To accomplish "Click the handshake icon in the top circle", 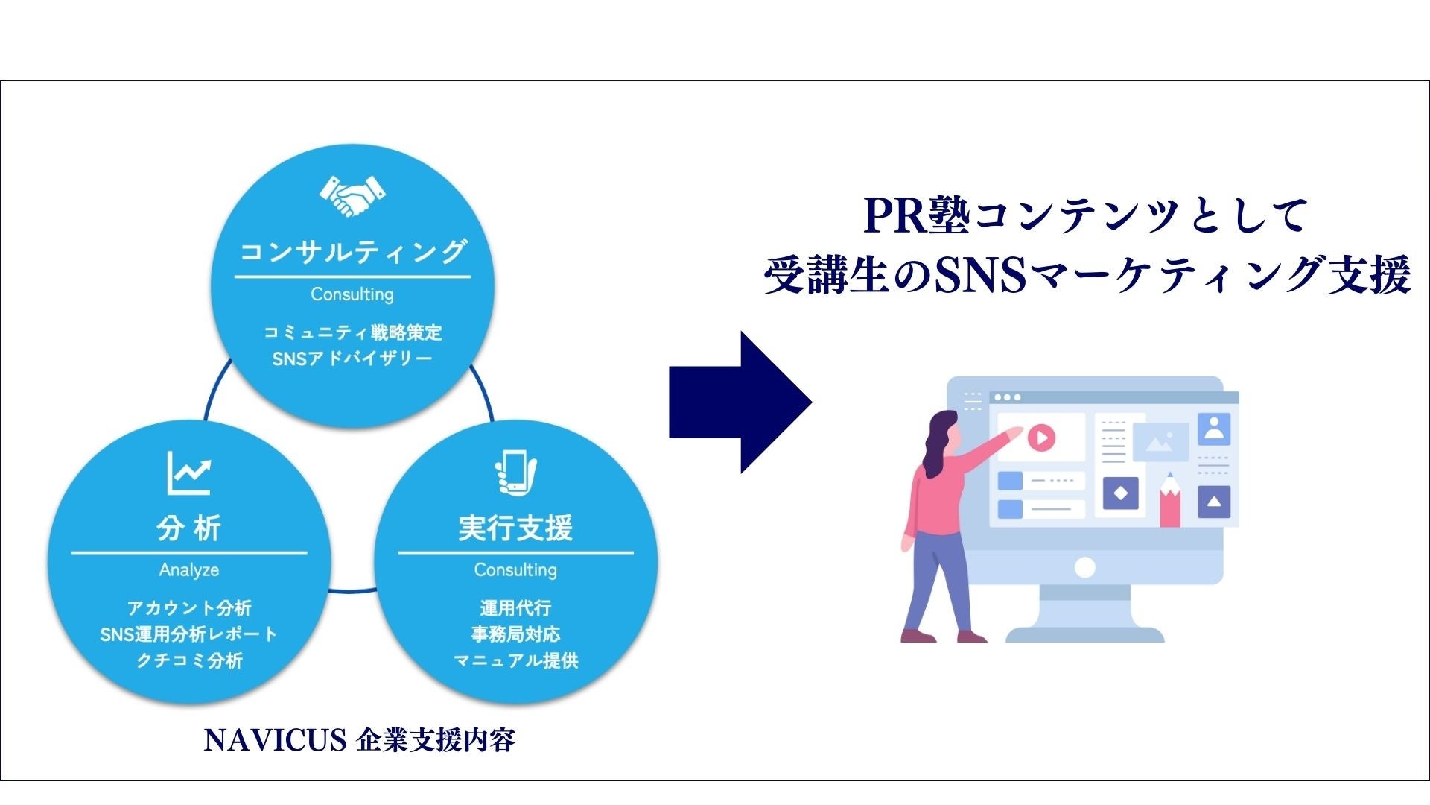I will click(352, 195).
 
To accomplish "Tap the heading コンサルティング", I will click(352, 252).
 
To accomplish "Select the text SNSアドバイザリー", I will click(352, 359).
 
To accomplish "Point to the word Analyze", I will click(189, 570).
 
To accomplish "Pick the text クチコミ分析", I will click(189, 660).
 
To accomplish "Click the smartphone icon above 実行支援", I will click(515, 473).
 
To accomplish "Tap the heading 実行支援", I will click(515, 528).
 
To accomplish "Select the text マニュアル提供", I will click(515, 660).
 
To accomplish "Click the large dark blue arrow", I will click(739, 402).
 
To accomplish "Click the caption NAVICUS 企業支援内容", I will click(359, 740).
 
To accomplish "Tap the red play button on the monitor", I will click(1041, 438).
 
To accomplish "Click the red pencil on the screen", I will click(1170, 501).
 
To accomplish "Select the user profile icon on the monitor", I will click(1214, 429).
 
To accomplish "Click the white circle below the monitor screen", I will click(1085, 568).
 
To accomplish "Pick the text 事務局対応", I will click(515, 634).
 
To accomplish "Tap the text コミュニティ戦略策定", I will click(352, 332).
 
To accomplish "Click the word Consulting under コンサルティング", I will click(352, 294).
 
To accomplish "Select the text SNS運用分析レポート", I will click(189, 634).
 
